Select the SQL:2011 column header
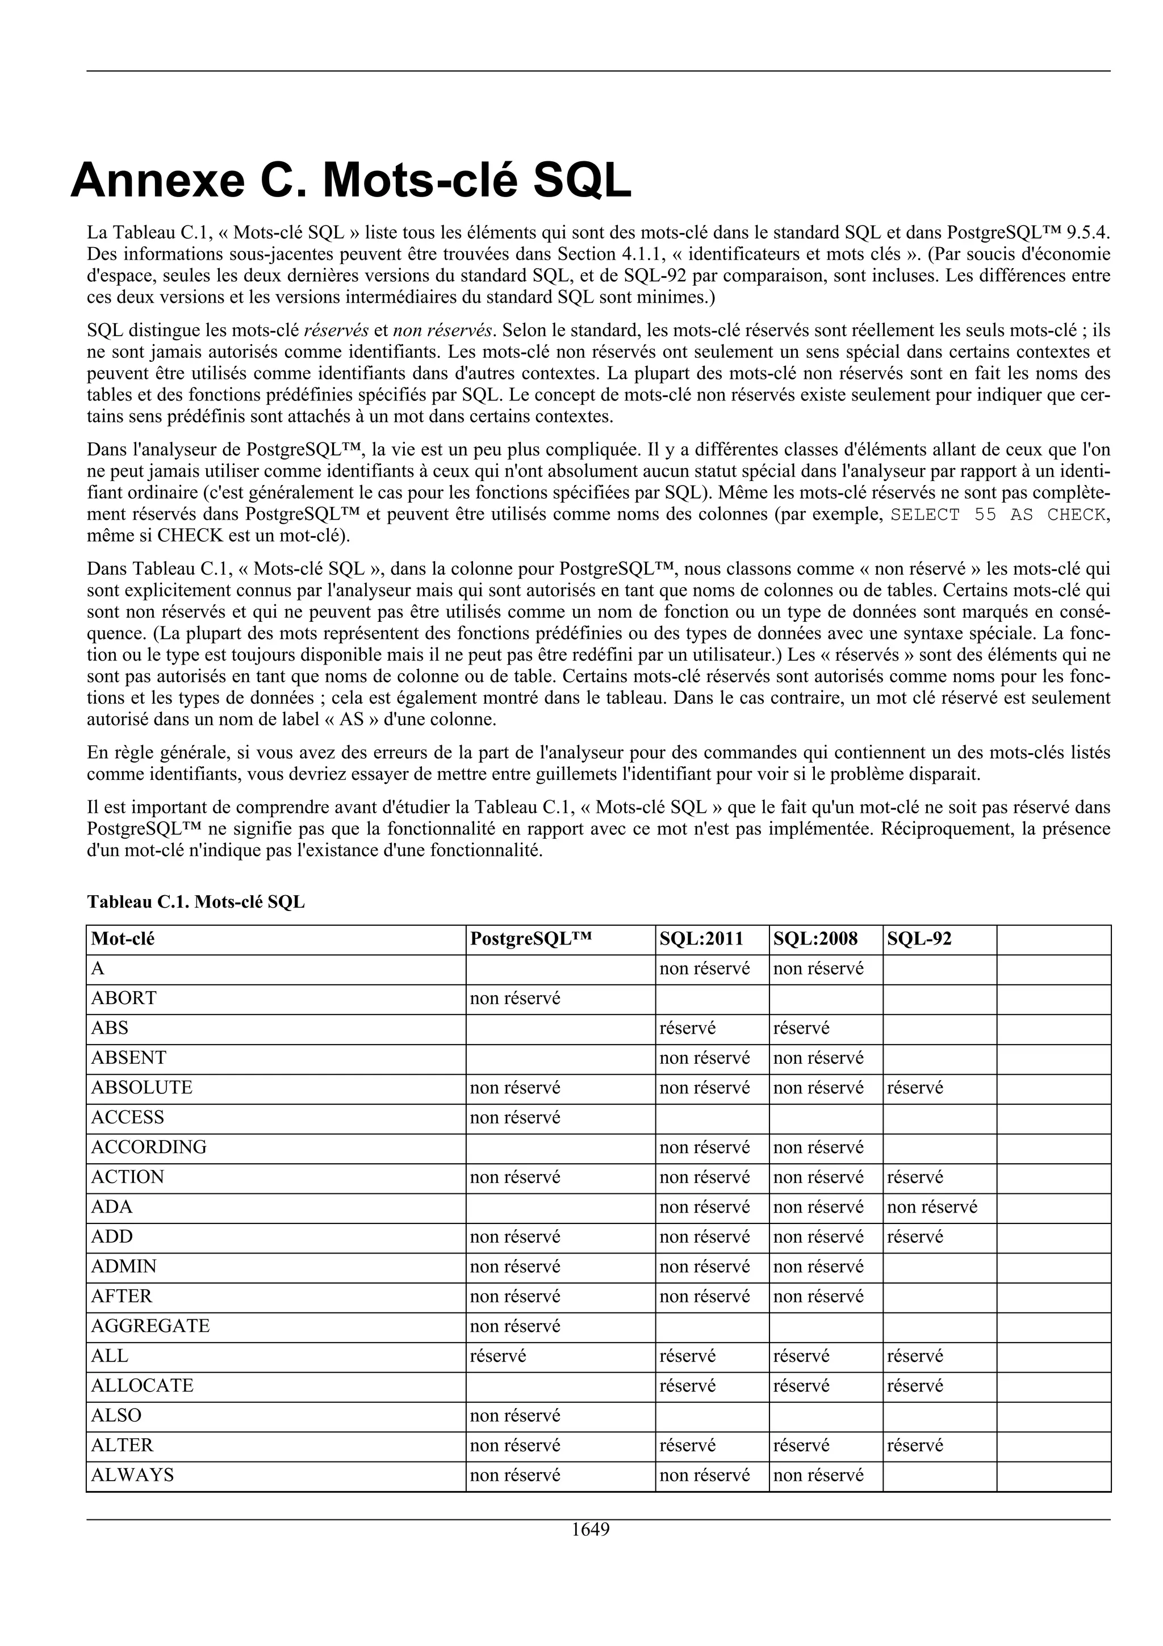point(701,938)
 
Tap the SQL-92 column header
point(919,938)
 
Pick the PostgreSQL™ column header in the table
point(531,938)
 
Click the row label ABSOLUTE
point(141,1088)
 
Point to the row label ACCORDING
point(148,1147)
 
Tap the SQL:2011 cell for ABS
point(687,1028)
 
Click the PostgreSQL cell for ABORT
point(514,998)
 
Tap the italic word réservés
point(336,331)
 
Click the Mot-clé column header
point(123,938)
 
